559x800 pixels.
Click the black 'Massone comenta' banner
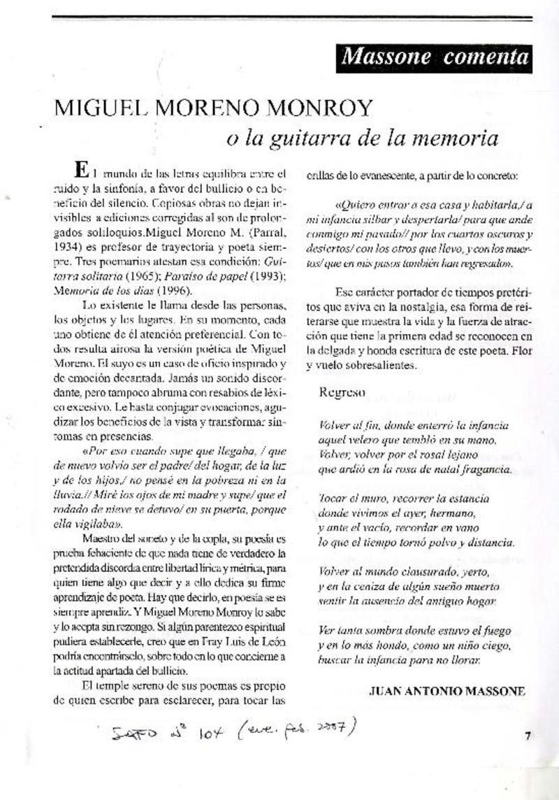coord(434,57)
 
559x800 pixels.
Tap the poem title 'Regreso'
coord(342,392)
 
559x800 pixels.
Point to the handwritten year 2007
coord(333,729)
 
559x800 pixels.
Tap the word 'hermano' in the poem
coord(458,513)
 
